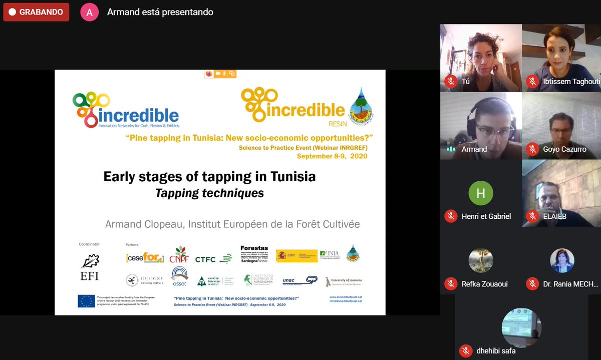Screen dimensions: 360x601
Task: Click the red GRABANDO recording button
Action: point(36,12)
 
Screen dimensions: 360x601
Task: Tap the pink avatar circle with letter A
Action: point(90,13)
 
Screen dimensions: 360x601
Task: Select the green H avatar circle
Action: point(481,193)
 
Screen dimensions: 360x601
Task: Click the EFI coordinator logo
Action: point(90,266)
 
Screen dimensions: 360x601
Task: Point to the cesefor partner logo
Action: point(145,258)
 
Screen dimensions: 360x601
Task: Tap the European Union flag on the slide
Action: point(86,300)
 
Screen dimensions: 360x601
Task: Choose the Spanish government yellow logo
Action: point(296,255)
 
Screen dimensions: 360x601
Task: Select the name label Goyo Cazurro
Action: point(564,149)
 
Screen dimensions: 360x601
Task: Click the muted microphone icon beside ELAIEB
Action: point(532,216)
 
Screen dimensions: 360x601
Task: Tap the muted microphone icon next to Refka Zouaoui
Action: point(451,284)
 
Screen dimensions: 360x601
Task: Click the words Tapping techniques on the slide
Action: point(209,193)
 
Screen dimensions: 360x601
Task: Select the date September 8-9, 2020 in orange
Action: point(332,156)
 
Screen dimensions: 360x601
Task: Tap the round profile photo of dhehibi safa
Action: point(521,327)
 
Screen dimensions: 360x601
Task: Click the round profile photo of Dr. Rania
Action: point(562,260)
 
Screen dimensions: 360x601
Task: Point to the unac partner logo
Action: point(299,280)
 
